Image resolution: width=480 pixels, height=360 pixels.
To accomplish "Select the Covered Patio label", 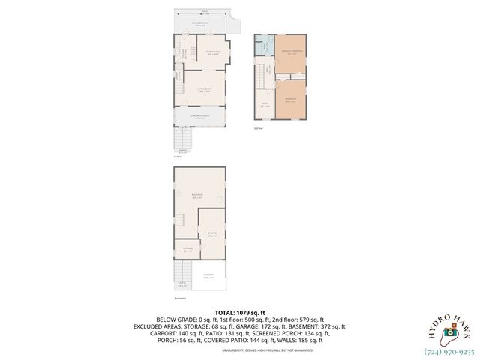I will point(202,25).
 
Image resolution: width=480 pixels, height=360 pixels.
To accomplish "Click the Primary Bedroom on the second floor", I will point(289,52).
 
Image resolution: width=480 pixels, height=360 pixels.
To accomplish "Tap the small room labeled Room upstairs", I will point(264,104).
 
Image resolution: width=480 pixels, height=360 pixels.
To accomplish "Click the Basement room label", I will point(199,196).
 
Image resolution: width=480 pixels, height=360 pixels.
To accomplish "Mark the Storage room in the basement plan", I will point(187,248).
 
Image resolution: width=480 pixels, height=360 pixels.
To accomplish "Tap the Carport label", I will point(208,275).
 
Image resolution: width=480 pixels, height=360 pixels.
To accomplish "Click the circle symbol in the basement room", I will point(179,193).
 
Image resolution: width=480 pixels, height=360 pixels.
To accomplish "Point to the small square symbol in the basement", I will point(217,199).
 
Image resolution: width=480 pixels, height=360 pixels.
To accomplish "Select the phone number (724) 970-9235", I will point(448,349).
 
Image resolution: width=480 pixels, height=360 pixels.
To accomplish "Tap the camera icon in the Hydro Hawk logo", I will point(449,331).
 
